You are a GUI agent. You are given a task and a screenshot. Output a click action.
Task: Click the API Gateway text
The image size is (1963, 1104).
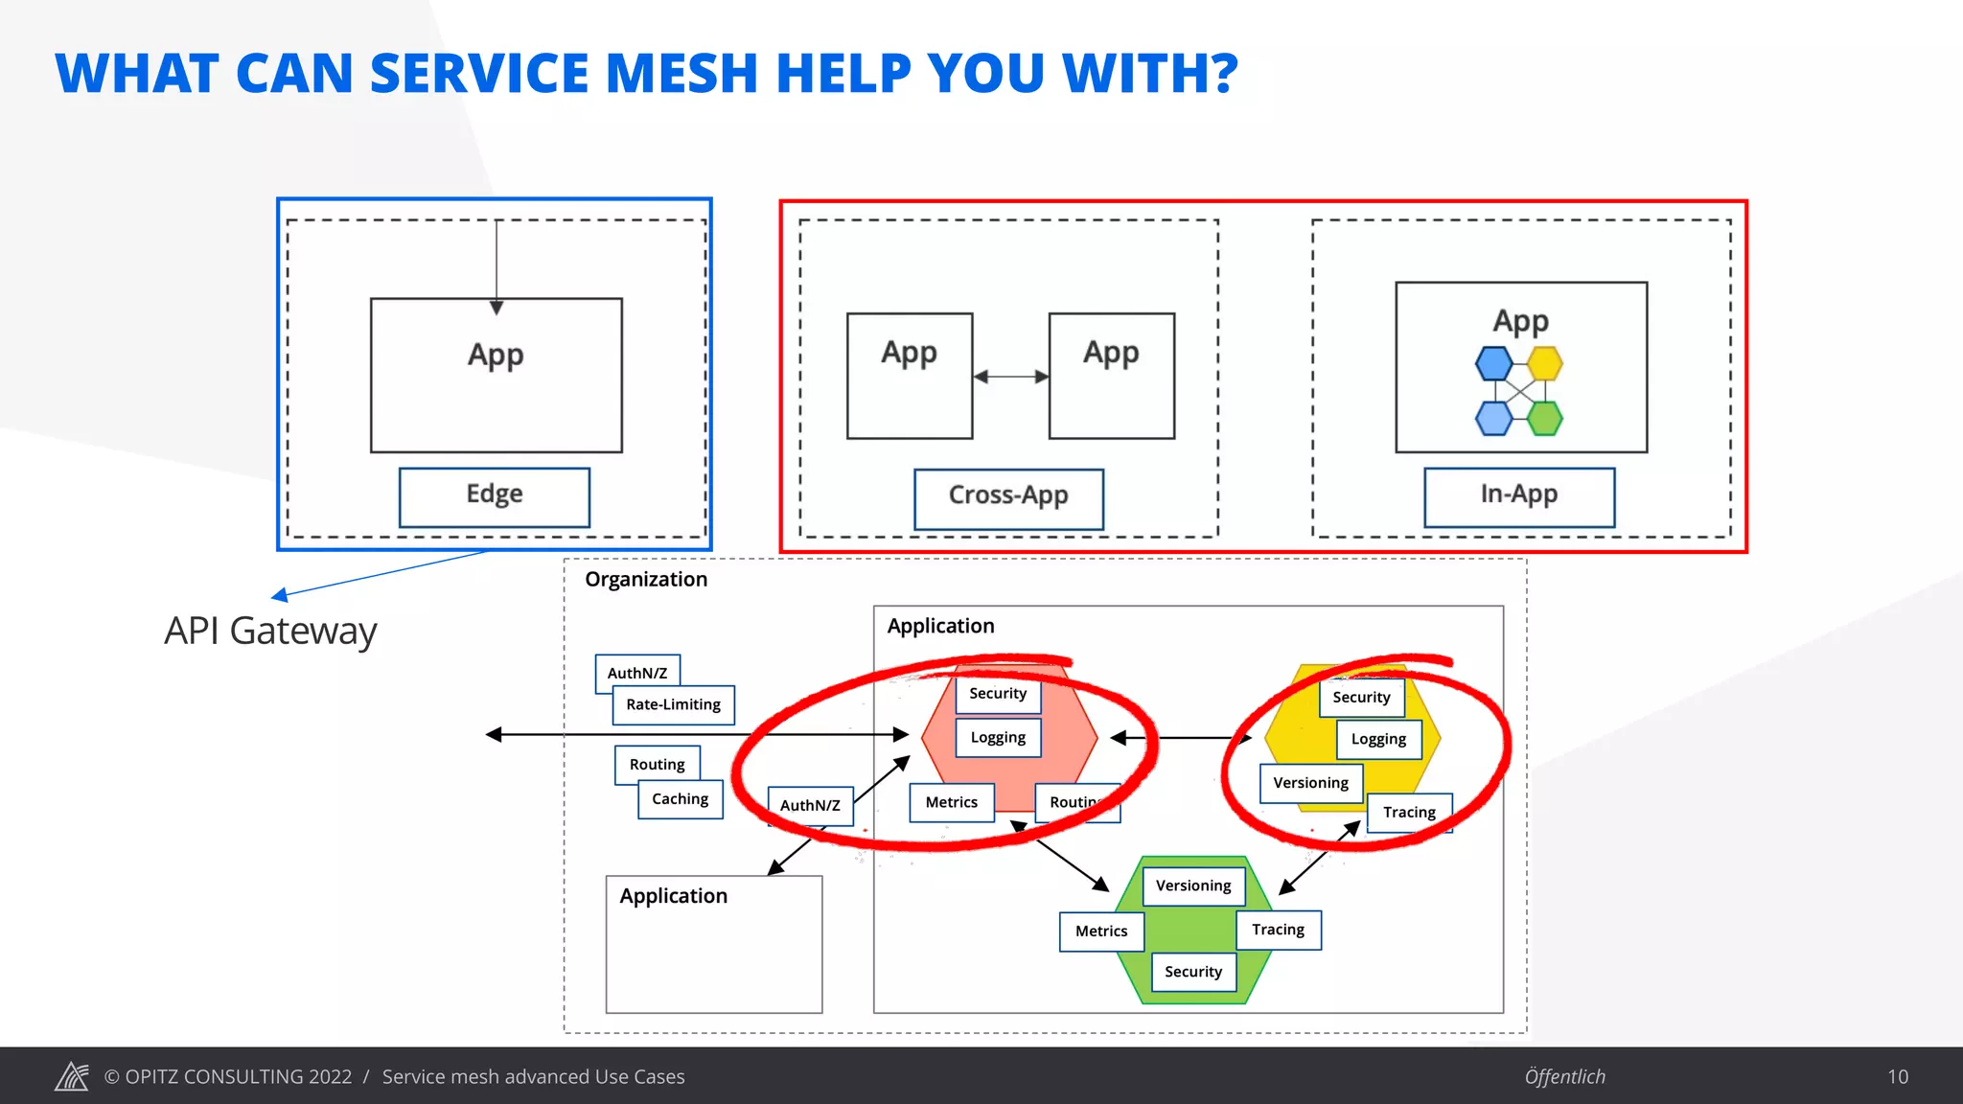tap(270, 631)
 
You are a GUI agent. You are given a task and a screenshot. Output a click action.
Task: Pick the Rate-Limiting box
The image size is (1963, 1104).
tap(674, 705)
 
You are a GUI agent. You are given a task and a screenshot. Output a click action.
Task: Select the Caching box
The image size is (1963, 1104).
tap(681, 799)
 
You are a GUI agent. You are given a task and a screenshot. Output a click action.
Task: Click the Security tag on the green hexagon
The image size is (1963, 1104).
tap(1193, 972)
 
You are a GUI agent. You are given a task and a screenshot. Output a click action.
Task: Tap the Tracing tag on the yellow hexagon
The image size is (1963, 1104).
tap(1409, 813)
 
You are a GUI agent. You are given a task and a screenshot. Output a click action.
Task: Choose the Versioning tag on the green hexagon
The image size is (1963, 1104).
tap(1193, 885)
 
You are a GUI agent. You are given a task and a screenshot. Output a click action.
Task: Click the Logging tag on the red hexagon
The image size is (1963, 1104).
tap(998, 738)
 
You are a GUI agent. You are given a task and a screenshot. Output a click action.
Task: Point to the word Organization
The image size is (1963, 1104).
tap(646, 580)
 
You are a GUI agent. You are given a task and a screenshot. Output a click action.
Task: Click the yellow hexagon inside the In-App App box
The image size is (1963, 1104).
tap(1545, 364)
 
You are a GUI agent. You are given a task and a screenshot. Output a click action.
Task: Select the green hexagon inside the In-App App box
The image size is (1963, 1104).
tap(1545, 418)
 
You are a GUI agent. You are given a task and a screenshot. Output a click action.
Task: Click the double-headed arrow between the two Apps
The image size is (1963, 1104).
tap(1010, 377)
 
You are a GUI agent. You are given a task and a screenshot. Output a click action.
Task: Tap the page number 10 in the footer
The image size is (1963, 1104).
tap(1898, 1077)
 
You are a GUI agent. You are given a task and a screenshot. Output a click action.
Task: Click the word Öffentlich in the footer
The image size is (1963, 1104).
tap(1564, 1077)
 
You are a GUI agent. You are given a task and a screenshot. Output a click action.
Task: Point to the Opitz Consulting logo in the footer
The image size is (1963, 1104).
tap(72, 1077)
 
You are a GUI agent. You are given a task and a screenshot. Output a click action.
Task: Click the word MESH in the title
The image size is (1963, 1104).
tap(681, 74)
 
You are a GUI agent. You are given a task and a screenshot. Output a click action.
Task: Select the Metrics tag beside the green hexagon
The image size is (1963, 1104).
tap(1101, 931)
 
